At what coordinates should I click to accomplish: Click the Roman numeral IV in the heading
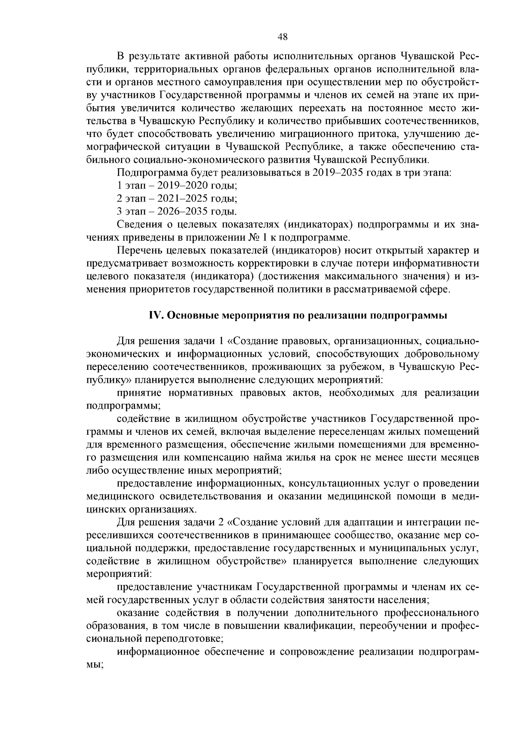pyautogui.click(x=155, y=315)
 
